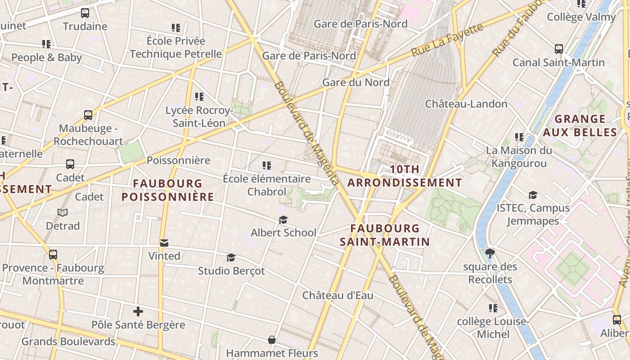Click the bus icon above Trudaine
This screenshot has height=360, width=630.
(x=85, y=13)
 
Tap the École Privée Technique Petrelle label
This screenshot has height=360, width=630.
(x=176, y=47)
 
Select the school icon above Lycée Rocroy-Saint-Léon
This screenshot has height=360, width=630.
(x=199, y=96)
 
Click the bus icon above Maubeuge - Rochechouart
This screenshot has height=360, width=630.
(x=88, y=115)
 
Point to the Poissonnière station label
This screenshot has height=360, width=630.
(x=178, y=160)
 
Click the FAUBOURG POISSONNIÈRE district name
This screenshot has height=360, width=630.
(x=168, y=190)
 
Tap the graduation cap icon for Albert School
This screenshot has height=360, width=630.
(x=283, y=220)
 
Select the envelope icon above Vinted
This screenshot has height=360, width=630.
(x=164, y=243)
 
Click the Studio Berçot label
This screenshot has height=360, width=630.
(x=231, y=271)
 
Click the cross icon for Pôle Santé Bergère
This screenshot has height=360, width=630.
(x=138, y=311)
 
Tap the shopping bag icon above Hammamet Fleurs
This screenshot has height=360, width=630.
(x=272, y=339)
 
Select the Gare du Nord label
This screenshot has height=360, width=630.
(x=356, y=82)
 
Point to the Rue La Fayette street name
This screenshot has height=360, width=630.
(x=447, y=40)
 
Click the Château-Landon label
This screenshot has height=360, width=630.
(x=466, y=104)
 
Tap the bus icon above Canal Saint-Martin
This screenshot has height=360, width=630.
(x=559, y=49)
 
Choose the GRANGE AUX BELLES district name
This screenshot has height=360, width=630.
(x=580, y=126)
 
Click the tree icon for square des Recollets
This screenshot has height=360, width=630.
(x=490, y=253)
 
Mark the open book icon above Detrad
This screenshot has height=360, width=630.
(x=63, y=212)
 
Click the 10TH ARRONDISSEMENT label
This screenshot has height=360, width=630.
(x=405, y=176)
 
